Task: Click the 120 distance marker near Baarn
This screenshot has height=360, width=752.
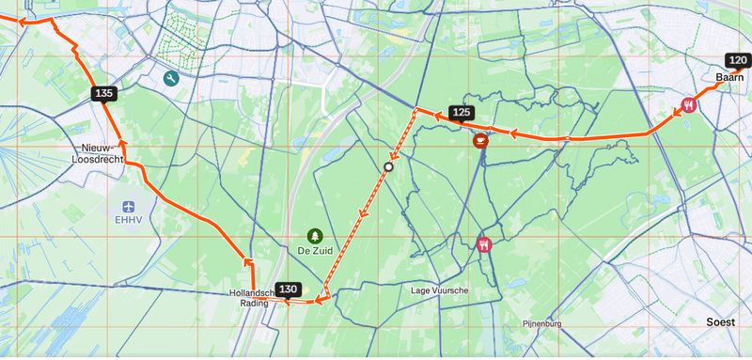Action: coord(737,60)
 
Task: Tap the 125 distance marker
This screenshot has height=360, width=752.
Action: coord(461,113)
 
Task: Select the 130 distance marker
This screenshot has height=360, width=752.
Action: coord(288,289)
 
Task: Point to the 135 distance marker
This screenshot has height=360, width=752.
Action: coord(103,93)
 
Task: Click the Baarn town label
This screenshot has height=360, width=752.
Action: coord(729,77)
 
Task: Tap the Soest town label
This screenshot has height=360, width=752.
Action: coord(721,322)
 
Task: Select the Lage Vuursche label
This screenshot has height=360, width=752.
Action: coord(440,290)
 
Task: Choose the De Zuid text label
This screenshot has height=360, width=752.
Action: coord(315,252)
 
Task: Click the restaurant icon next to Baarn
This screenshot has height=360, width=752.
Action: coord(690,104)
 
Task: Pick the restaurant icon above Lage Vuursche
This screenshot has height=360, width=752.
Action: coord(485,244)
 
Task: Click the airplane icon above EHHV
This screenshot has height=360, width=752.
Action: coord(128,205)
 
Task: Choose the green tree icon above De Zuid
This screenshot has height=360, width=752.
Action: coord(314,236)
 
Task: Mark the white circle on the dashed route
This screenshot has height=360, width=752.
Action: coord(387,166)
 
